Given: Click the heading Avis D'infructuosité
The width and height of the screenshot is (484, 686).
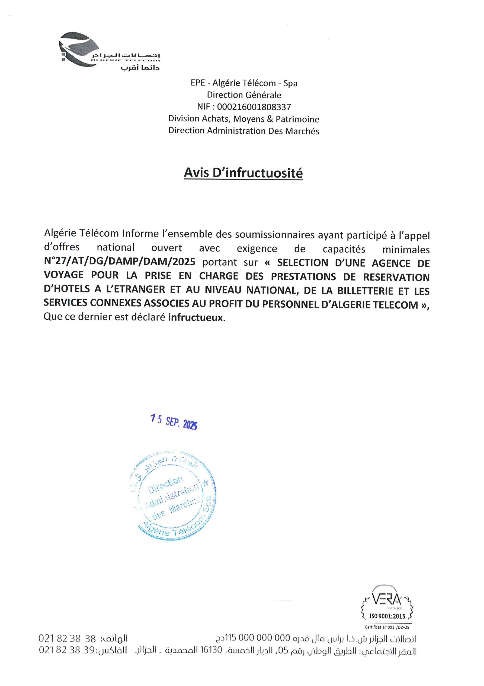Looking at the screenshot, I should click(x=243, y=173).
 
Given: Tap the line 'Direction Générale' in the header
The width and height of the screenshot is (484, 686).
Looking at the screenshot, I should click(x=244, y=95).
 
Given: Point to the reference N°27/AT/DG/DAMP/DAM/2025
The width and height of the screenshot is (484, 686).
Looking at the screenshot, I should click(x=119, y=262).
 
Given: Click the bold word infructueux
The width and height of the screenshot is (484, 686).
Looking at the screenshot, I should click(x=195, y=317).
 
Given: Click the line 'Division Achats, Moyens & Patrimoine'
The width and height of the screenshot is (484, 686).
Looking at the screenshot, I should click(x=243, y=119).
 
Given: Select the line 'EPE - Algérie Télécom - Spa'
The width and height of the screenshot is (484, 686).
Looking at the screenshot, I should click(x=244, y=83).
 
